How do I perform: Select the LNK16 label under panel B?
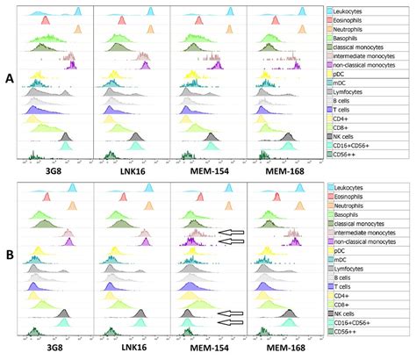tap(131, 353)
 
